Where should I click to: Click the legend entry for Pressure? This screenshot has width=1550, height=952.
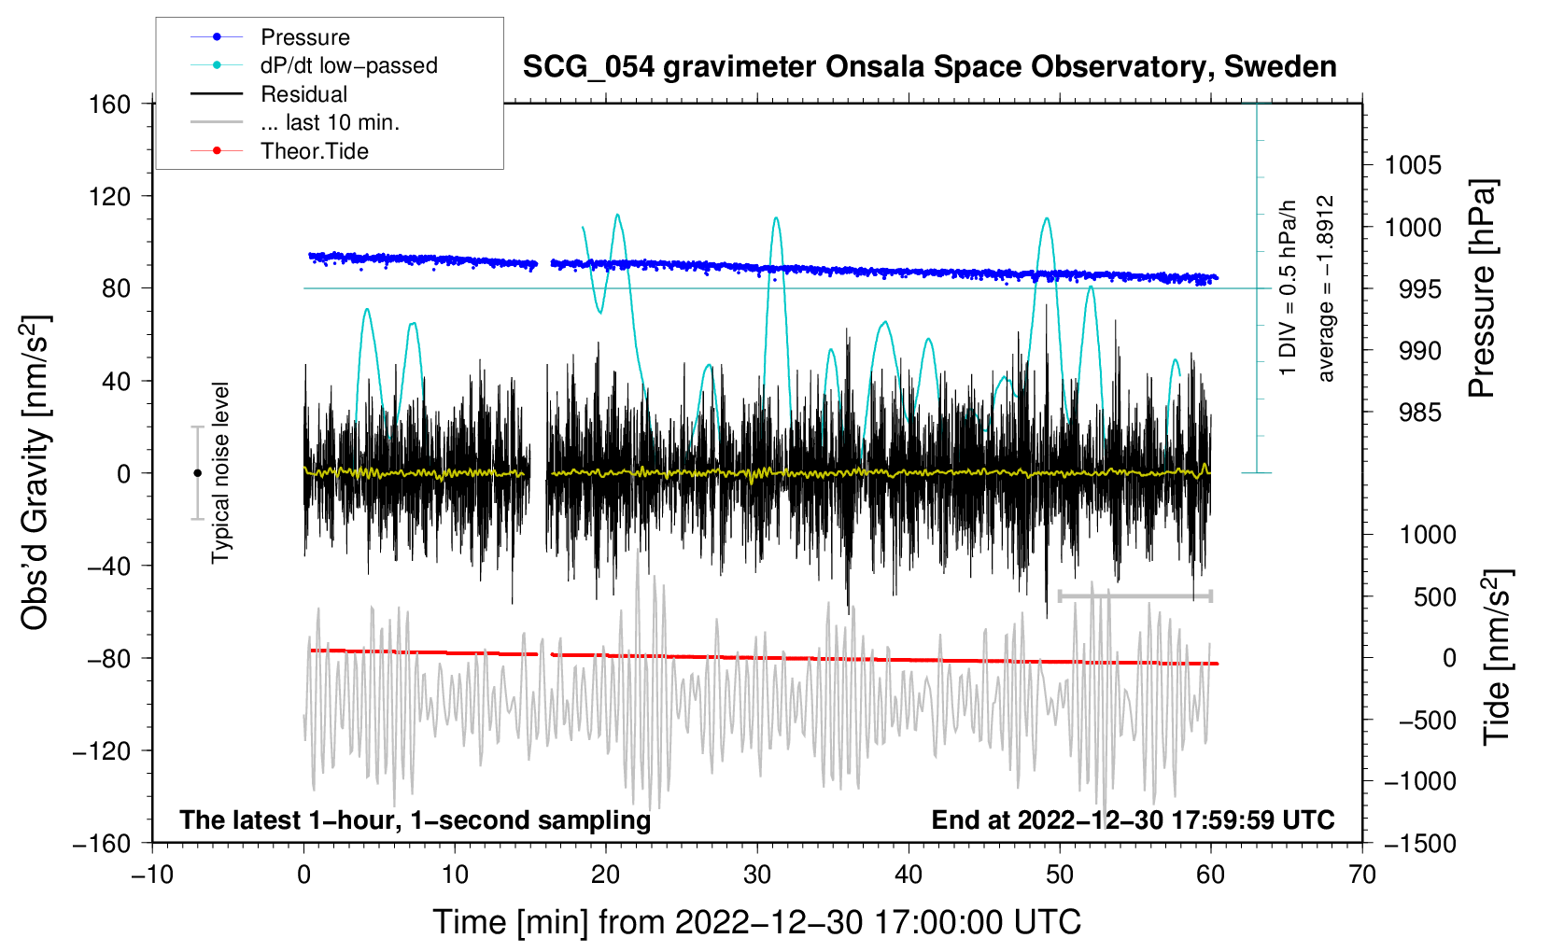tap(304, 37)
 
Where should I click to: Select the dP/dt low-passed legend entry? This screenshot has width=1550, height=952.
tap(348, 65)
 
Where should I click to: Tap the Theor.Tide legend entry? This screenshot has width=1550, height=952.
tap(314, 151)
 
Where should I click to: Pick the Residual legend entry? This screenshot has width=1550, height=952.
tap(303, 94)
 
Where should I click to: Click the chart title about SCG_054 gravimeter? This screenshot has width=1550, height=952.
tap(929, 67)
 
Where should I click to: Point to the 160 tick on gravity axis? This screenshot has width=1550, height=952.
tap(110, 104)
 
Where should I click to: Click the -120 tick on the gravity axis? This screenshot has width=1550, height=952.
tap(102, 750)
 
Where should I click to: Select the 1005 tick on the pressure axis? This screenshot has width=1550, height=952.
tap(1413, 165)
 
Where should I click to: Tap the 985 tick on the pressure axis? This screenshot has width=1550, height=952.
tap(1419, 413)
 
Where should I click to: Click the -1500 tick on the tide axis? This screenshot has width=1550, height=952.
tap(1419, 843)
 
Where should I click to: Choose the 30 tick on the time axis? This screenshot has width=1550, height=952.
tap(757, 875)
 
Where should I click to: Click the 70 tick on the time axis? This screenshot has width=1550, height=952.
tap(1362, 875)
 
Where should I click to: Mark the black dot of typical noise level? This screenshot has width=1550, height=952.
tap(197, 473)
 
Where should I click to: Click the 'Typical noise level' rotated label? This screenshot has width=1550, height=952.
tap(220, 472)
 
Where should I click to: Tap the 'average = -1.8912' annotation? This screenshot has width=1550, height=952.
tap(1326, 288)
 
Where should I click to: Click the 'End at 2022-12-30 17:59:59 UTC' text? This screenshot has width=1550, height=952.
tap(1133, 819)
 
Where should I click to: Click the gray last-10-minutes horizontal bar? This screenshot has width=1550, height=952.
tap(1134, 595)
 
